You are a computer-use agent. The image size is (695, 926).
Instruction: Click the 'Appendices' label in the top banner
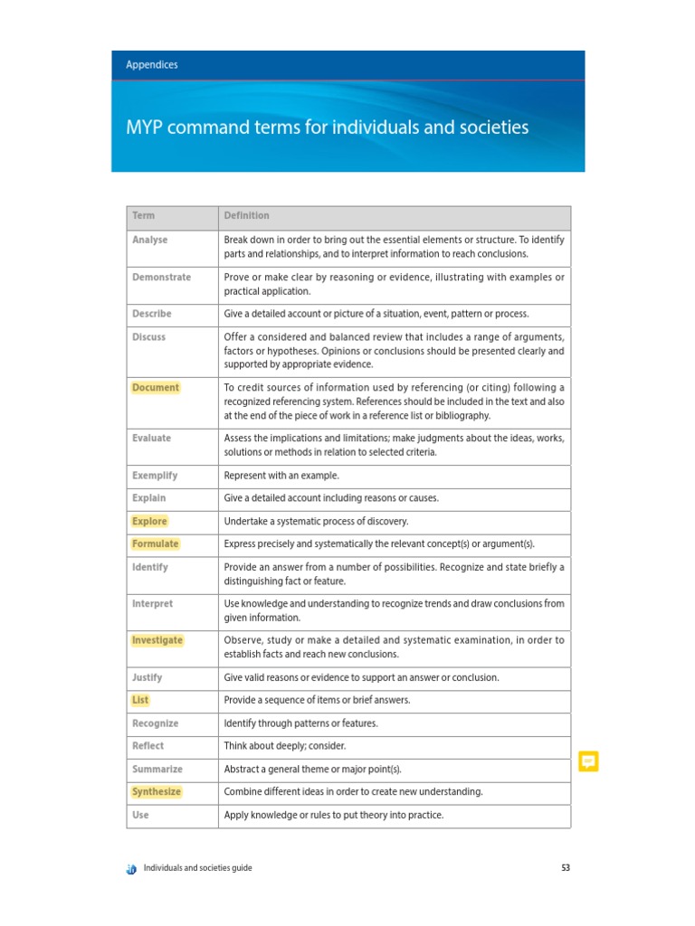[x=151, y=65]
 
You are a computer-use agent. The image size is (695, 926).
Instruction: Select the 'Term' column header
[x=143, y=216]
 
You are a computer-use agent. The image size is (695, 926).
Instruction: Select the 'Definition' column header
[x=246, y=216]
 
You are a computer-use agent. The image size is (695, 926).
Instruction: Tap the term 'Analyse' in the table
[x=149, y=241]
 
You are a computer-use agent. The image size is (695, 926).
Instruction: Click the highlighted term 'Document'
[x=156, y=388]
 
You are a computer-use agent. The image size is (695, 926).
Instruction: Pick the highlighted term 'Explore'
[x=149, y=522]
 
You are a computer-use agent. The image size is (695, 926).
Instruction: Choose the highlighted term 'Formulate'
[x=155, y=544]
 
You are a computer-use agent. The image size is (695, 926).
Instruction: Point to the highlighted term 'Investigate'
[x=157, y=640]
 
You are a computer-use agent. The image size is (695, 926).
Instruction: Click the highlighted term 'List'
[x=140, y=701]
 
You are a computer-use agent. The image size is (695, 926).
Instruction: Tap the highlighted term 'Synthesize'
[x=157, y=792]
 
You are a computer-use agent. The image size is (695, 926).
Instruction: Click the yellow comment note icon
[x=588, y=761]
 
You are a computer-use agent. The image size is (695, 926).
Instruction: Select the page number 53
[x=566, y=869]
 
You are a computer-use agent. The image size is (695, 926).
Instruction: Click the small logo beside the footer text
[x=132, y=869]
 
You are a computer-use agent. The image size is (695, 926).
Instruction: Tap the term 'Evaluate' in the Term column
[x=151, y=439]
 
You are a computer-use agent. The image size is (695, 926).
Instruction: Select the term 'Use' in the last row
[x=140, y=816]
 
